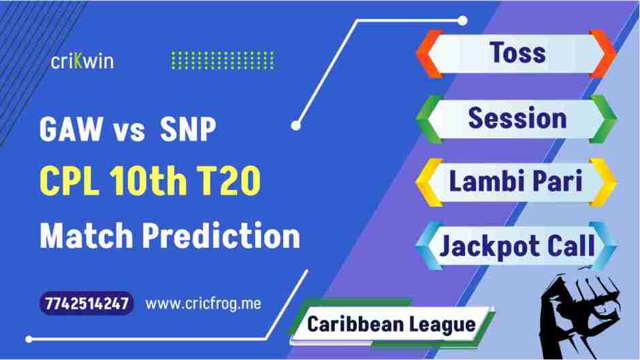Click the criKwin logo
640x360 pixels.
(x=82, y=61)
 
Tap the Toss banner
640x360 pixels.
(x=517, y=53)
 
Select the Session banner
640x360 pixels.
(x=517, y=118)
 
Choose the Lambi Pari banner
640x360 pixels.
(x=517, y=182)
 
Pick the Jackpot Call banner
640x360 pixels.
(x=517, y=246)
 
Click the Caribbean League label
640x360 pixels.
(x=391, y=324)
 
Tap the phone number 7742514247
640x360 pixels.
(x=86, y=304)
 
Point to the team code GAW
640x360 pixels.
(x=67, y=131)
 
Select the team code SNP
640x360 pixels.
(x=187, y=131)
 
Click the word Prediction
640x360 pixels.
(x=221, y=236)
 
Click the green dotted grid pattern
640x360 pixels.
(x=222, y=61)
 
